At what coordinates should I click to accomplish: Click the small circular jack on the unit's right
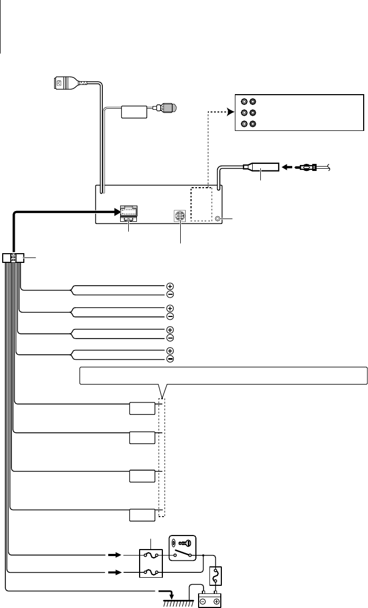click(218, 219)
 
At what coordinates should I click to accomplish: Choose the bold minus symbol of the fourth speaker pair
click(170, 359)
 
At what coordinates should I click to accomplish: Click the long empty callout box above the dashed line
click(224, 375)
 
